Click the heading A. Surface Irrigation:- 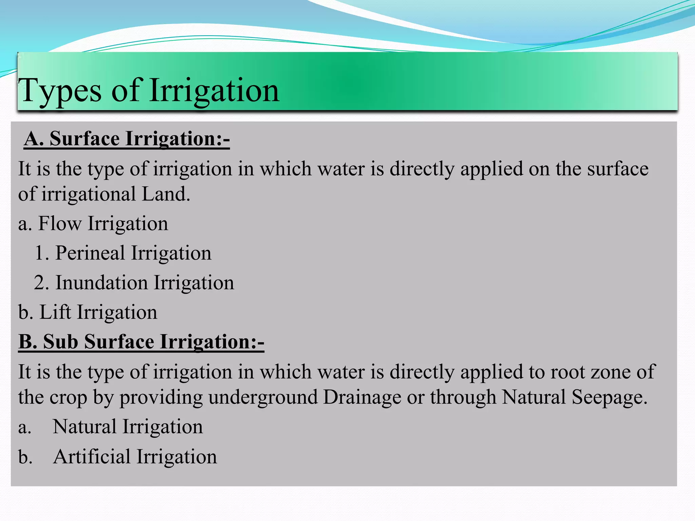[127, 139]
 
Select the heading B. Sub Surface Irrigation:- [141, 342]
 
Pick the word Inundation [101, 283]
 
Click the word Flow [60, 224]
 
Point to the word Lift [55, 312]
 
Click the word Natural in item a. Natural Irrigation [84, 427]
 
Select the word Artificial [92, 457]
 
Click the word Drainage [362, 398]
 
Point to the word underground [263, 398]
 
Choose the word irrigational [89, 194]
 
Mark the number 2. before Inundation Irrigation [41, 283]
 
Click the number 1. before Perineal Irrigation [42, 253]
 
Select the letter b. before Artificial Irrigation [25, 457]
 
